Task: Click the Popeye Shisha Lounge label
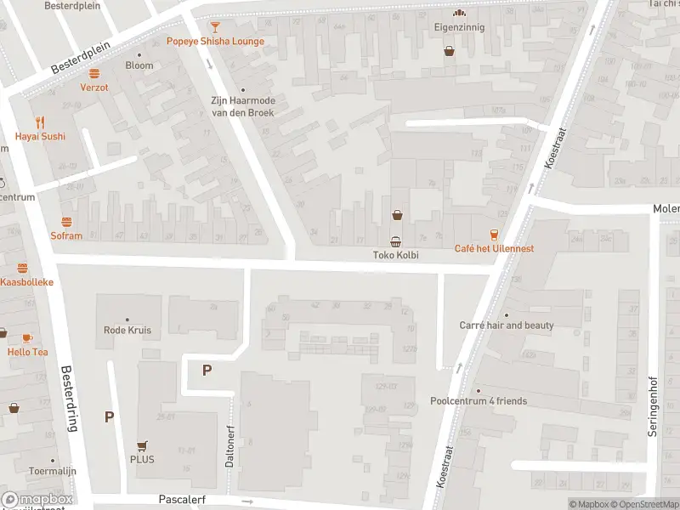click(215, 41)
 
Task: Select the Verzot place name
click(94, 88)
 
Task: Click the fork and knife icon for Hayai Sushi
click(39, 122)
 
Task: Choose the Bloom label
click(139, 65)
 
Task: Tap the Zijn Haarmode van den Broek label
click(243, 106)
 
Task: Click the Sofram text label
click(66, 236)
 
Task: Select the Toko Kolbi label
click(396, 255)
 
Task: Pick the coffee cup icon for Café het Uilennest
click(493, 234)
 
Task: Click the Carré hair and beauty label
click(507, 326)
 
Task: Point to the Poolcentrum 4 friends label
click(479, 401)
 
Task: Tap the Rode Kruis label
click(127, 330)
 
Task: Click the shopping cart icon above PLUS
click(142, 445)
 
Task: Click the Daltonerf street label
click(229, 446)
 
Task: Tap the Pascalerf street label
click(182, 501)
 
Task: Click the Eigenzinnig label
click(460, 27)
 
